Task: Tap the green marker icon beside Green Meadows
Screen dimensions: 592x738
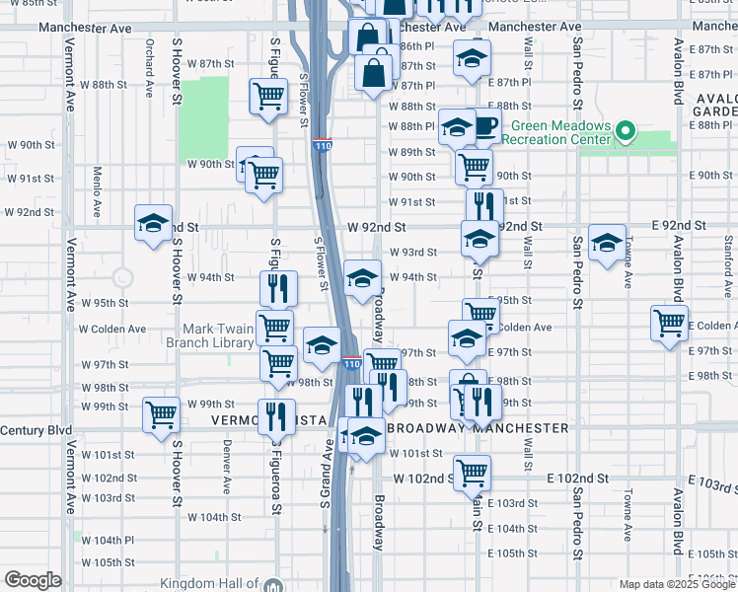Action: coord(625,130)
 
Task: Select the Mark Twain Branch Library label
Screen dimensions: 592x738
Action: coord(217,335)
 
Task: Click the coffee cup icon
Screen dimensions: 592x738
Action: coord(486,126)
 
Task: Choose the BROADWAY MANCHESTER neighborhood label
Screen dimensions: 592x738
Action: coord(478,428)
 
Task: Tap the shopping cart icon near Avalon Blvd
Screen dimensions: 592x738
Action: coord(669,323)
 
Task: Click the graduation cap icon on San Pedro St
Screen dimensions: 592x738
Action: coord(607,241)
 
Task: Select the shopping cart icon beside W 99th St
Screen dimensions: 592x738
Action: coord(160,413)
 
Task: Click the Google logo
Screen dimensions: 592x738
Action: coord(33,580)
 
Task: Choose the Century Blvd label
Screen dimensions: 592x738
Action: coord(37,430)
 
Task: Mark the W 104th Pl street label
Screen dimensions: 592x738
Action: coord(108,541)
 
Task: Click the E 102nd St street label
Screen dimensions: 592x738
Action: coord(577,477)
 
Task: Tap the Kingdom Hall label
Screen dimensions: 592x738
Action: coord(213,584)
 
